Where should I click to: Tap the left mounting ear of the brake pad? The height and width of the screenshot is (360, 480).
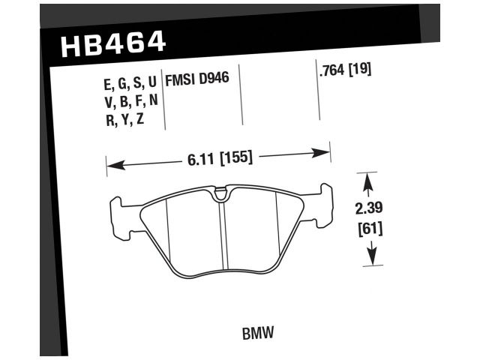coord(118,210)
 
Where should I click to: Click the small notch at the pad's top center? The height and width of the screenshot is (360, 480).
coord(219,196)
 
